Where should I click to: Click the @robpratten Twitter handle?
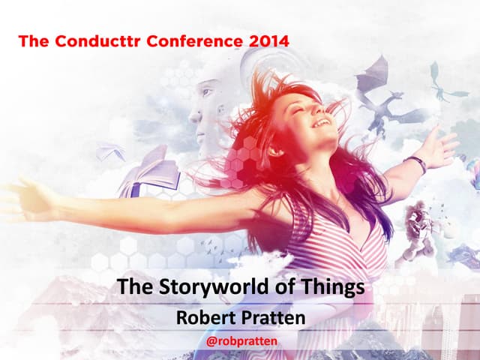(x=240, y=341)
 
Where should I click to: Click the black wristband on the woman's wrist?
(x=415, y=163)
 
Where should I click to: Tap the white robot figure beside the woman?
(x=417, y=225)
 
